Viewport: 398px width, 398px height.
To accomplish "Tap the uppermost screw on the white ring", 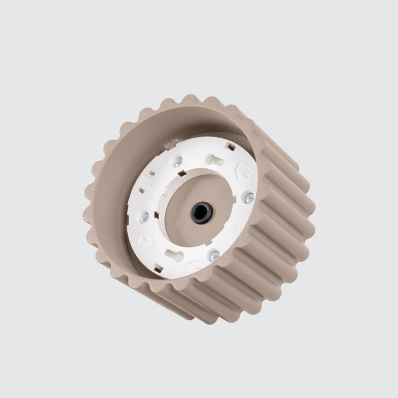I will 178,163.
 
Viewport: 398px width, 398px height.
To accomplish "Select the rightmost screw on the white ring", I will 249,198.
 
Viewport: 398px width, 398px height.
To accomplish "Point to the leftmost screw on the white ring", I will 144,218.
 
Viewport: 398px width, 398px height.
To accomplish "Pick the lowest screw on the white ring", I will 214,255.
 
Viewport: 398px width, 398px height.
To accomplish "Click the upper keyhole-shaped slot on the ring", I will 215,160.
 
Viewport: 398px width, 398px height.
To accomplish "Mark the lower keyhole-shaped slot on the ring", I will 174,255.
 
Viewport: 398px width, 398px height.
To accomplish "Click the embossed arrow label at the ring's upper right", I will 242,171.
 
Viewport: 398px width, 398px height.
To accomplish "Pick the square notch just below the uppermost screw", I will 182,174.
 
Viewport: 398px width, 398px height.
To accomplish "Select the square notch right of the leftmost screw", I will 157,215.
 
